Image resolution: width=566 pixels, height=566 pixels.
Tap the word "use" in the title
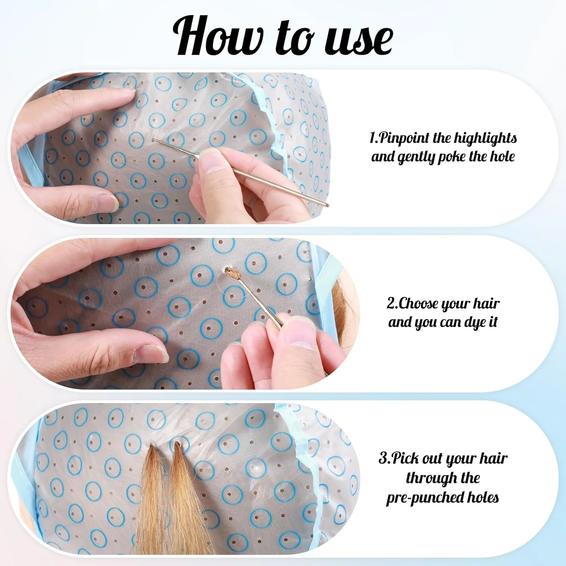tap(359, 40)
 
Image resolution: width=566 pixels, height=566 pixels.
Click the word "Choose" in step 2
tap(419, 303)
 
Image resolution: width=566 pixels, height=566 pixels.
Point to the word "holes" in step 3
tap(483, 497)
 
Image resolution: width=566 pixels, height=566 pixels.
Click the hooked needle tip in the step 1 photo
tap(154, 140)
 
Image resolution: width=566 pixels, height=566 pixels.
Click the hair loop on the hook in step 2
tap(233, 273)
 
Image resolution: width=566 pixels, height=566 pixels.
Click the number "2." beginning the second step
tap(392, 303)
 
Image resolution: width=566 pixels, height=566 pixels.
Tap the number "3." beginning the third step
tap(385, 459)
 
